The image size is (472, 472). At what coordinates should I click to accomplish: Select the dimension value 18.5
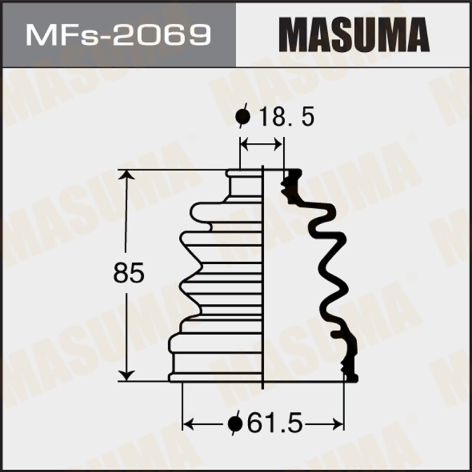[285, 118]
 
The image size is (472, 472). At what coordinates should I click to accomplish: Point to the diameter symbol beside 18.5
[242, 118]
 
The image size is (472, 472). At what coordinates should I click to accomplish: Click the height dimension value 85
[129, 274]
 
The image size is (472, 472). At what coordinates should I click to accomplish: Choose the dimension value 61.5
[273, 423]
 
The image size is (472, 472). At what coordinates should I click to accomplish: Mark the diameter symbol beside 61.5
[235, 423]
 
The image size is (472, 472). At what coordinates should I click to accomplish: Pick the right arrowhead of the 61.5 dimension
[339, 424]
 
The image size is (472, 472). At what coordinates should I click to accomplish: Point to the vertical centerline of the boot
[262, 277]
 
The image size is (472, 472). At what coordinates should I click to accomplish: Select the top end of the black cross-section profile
[292, 173]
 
